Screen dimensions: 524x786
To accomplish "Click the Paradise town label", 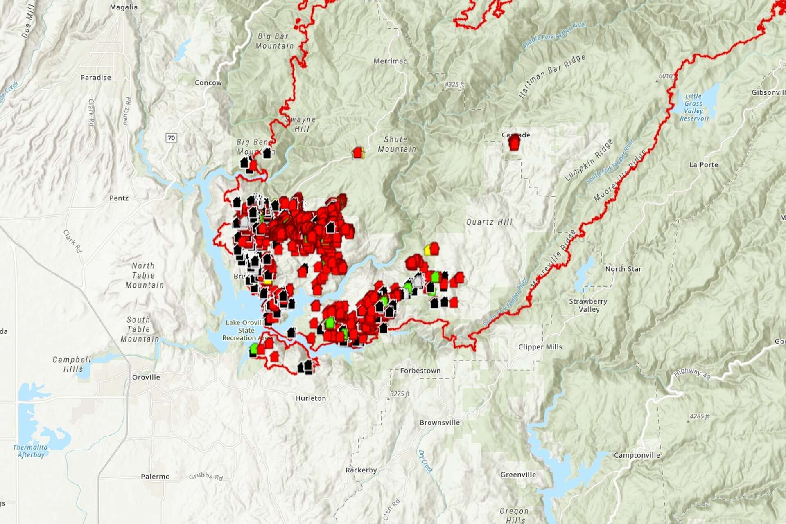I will click(95, 77).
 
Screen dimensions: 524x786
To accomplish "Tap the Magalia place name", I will click(124, 7).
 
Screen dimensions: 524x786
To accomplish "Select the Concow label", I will click(208, 83).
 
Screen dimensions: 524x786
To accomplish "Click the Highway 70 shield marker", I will click(171, 138).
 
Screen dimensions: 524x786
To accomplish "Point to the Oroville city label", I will click(146, 377).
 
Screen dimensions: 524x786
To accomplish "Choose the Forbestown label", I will click(420, 371).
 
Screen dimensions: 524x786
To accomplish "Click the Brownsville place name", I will click(439, 423).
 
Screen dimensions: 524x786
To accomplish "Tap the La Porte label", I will click(703, 165).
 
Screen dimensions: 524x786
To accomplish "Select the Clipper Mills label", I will click(540, 347).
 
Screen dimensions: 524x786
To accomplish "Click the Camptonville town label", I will click(637, 455).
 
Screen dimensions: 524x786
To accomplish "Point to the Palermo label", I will click(155, 477).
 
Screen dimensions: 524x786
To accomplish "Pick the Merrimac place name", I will click(390, 61).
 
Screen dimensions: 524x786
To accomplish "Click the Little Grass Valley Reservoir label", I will click(694, 107).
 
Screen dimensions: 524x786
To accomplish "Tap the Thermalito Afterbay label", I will click(31, 451).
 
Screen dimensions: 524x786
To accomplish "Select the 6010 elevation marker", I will click(666, 76).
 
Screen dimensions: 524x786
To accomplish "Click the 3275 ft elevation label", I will click(400, 394).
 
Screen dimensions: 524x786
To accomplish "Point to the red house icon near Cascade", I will click(514, 143).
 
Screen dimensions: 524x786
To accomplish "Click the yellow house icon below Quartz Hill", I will click(428, 250).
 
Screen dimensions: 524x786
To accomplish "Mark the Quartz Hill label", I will click(489, 222).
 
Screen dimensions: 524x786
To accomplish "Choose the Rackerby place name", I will click(361, 470).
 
